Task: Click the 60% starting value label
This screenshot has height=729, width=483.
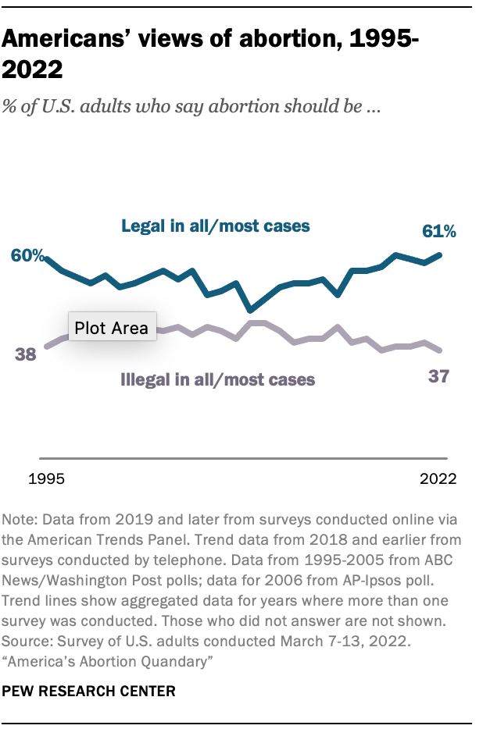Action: [x=27, y=256]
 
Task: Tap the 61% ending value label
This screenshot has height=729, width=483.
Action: [x=439, y=231]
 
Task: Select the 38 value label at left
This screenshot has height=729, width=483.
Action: [x=26, y=354]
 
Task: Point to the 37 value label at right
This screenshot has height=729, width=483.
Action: [x=439, y=377]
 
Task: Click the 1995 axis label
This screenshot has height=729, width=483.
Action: [x=46, y=478]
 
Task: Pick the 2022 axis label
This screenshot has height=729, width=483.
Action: [x=438, y=478]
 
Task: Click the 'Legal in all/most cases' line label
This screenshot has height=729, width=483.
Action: [x=216, y=226]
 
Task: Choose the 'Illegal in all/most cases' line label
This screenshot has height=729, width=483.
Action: [x=218, y=380]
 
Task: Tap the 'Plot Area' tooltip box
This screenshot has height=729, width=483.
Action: [x=112, y=328]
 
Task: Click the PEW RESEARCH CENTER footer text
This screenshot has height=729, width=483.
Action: [x=89, y=691]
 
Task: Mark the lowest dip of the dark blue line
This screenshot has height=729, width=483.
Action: [x=250, y=309]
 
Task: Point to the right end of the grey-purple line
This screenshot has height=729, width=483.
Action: [x=442, y=350]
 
